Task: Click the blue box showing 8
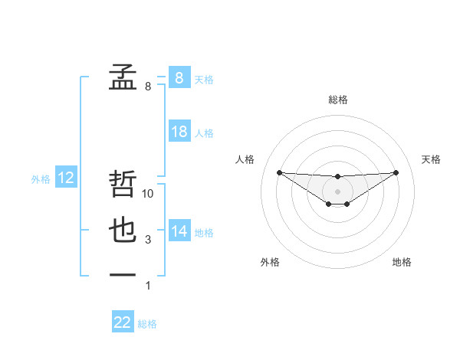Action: pos(179,78)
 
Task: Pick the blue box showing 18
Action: pos(179,132)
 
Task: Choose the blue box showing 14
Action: pos(179,231)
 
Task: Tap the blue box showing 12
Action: pos(66,178)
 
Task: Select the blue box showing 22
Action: pos(123,322)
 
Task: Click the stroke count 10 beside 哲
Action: pos(149,194)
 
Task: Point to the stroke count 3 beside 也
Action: pos(148,240)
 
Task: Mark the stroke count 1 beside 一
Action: pos(148,286)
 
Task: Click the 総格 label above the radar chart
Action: pos(337,100)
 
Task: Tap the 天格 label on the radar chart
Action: pos(431,159)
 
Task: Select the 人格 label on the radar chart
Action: pos(245,159)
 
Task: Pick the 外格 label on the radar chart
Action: pos(270,262)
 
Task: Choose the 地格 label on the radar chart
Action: pos(402,262)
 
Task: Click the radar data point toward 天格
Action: pos(396,172)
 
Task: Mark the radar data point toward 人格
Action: pos(279,172)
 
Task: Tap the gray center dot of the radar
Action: pos(337,191)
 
